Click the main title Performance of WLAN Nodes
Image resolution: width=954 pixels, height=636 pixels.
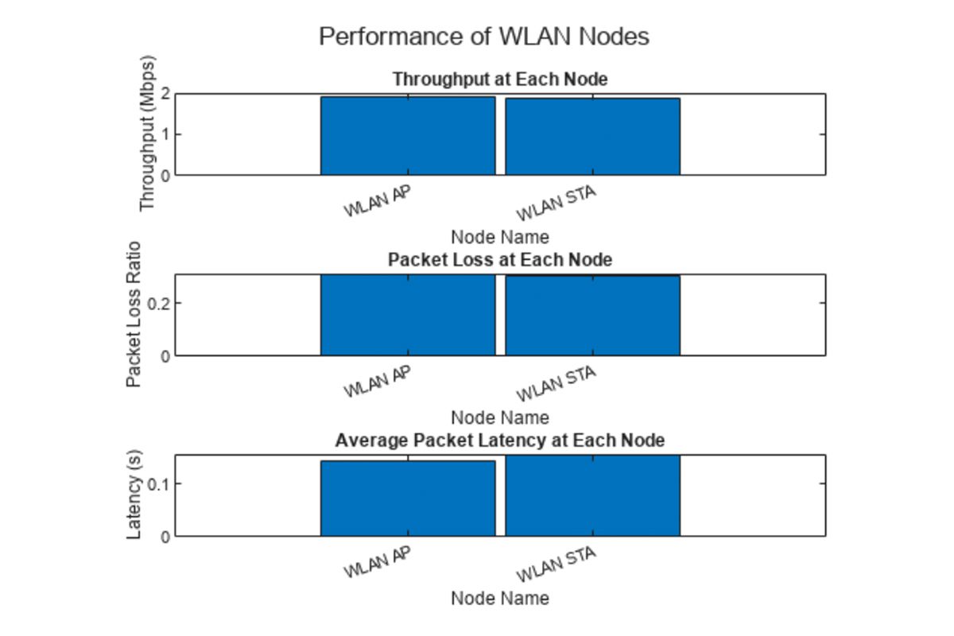tap(483, 37)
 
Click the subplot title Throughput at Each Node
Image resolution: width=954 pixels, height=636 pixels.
tap(499, 79)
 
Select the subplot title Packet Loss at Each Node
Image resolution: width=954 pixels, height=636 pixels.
tap(499, 260)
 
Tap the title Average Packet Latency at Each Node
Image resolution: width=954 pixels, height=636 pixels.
tap(499, 440)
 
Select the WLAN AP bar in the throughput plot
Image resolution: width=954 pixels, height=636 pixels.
tap(408, 136)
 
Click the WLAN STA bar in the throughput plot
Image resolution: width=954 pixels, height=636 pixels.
tap(592, 137)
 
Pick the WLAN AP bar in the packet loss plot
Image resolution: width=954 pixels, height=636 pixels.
tap(408, 316)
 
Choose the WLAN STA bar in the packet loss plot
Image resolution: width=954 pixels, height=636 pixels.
tap(592, 316)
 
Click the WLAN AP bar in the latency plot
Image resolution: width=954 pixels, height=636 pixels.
tap(408, 498)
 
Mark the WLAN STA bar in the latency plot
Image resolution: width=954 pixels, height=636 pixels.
tap(592, 496)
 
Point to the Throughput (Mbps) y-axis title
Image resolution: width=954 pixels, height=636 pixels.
tap(147, 134)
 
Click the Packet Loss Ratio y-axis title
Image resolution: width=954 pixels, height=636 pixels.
tap(134, 314)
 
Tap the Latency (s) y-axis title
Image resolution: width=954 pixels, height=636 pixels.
tap(134, 495)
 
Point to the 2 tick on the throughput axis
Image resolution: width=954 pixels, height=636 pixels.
tap(165, 94)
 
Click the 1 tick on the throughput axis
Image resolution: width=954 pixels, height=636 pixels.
tap(165, 134)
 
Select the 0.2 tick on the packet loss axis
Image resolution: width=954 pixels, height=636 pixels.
tap(159, 303)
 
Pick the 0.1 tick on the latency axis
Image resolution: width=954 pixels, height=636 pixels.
tap(159, 483)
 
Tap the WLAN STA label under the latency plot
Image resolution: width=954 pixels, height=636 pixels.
tap(556, 564)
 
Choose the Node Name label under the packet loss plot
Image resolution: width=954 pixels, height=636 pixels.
tap(499, 417)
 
